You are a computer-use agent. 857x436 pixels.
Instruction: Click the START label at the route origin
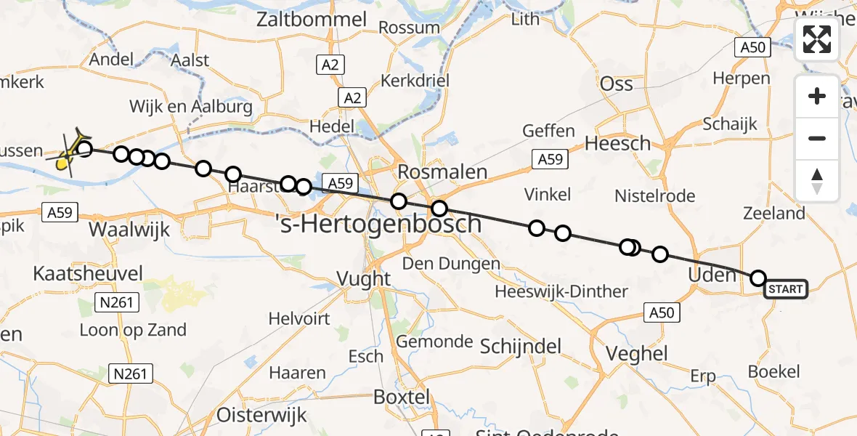coord(786,289)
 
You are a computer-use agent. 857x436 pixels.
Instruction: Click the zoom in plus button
coord(817,97)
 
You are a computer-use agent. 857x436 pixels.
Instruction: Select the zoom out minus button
coord(817,138)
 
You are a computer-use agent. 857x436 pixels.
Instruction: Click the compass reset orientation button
coord(817,181)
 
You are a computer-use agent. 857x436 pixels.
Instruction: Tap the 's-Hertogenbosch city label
coord(379,224)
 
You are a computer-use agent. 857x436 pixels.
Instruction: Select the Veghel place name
coord(637,353)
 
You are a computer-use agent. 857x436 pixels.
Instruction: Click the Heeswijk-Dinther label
coord(561,291)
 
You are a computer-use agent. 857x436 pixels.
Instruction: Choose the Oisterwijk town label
coord(261,415)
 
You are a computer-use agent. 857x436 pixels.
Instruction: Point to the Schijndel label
coord(521,347)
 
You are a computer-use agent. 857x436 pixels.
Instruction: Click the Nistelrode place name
coord(654,195)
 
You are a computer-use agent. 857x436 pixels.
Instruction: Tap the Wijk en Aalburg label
coord(190,107)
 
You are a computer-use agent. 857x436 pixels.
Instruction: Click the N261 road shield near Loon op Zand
coord(116,301)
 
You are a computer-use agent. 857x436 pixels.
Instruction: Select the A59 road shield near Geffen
coord(550,158)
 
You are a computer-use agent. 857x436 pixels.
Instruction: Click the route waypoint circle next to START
coord(758,278)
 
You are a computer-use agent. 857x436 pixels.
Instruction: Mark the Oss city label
coord(617,84)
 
